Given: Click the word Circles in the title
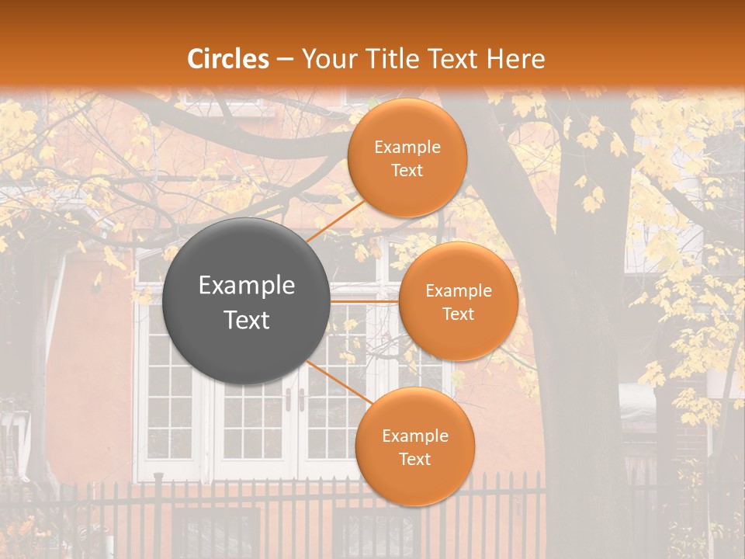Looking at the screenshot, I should tap(228, 59).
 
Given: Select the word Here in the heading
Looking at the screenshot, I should tap(516, 59).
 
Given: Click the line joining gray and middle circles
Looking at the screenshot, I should tap(365, 300).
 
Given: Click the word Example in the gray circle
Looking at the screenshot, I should tap(247, 286).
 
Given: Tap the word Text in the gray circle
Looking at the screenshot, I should tap(247, 320).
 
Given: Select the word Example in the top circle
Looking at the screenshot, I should tap(407, 148).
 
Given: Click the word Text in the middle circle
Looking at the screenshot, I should tap(458, 314).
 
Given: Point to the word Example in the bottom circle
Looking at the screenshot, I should tap(415, 436).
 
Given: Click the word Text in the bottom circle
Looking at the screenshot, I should tap(414, 459).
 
